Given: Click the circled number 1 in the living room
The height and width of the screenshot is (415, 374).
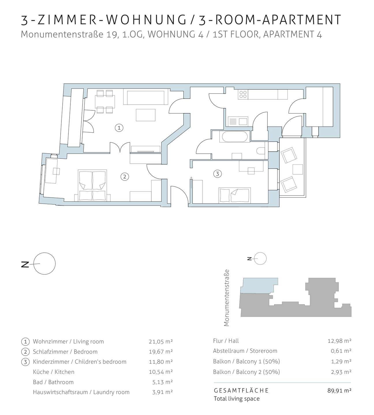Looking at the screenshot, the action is click(x=119, y=128).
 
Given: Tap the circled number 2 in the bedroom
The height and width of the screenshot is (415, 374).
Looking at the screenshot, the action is click(x=125, y=177).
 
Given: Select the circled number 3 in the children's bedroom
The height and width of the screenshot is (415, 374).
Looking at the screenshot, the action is click(x=217, y=173).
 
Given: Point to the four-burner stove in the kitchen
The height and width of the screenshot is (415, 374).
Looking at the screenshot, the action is click(x=243, y=94).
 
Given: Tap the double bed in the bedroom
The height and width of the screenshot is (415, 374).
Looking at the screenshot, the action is click(x=92, y=186).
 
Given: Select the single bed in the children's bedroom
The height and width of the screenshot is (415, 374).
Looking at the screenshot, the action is click(x=235, y=195).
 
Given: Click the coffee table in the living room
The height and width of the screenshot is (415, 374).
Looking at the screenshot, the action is click(x=146, y=115).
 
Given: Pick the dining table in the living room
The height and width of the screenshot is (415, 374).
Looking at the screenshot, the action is click(x=105, y=101).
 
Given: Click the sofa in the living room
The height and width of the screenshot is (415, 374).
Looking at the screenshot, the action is click(x=146, y=97).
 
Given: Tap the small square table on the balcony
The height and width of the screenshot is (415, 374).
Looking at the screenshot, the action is click(x=298, y=169).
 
